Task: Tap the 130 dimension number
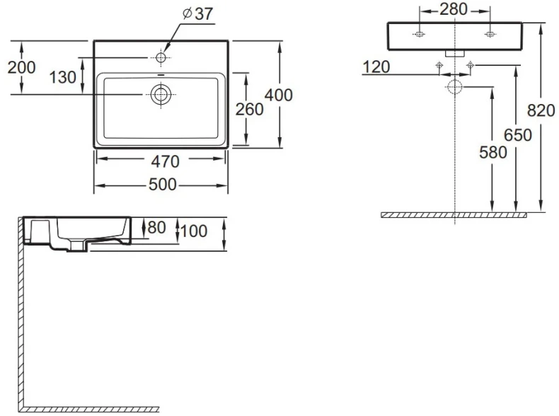63,77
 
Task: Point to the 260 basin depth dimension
249,109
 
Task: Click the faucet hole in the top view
162,56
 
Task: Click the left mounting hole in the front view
420,34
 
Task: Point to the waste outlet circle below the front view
454,87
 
